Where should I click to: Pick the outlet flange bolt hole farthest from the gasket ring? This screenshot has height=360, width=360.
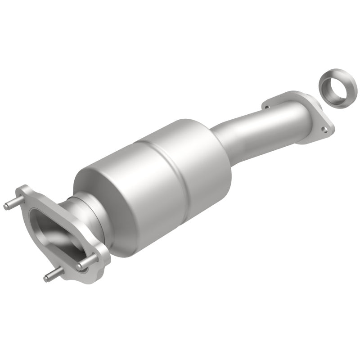(266, 107)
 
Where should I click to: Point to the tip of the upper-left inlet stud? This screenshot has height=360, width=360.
(6, 207)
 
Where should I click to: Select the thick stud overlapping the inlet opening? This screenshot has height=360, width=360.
(88, 263)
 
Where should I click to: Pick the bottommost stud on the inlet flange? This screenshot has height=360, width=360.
(47, 279)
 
